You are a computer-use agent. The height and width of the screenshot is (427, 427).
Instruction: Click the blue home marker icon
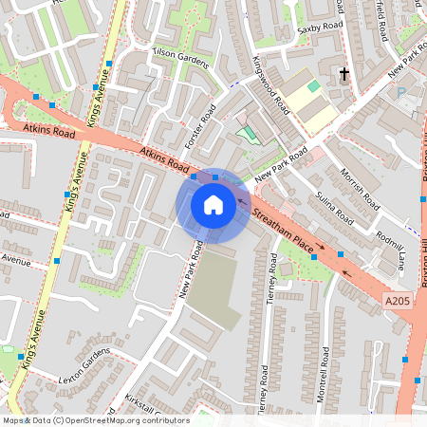tap(213, 204)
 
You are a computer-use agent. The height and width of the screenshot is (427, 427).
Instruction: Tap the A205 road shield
tap(398, 300)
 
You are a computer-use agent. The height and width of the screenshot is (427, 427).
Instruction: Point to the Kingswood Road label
tap(270, 85)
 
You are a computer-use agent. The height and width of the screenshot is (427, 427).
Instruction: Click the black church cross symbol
tap(344, 73)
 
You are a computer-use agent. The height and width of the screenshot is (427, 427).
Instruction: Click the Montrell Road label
tap(325, 375)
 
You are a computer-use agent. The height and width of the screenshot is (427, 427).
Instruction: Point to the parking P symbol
tap(400, 93)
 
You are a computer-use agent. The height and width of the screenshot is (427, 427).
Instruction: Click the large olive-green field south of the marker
tap(213, 289)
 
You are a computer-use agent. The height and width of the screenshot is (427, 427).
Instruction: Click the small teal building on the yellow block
tap(313, 86)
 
